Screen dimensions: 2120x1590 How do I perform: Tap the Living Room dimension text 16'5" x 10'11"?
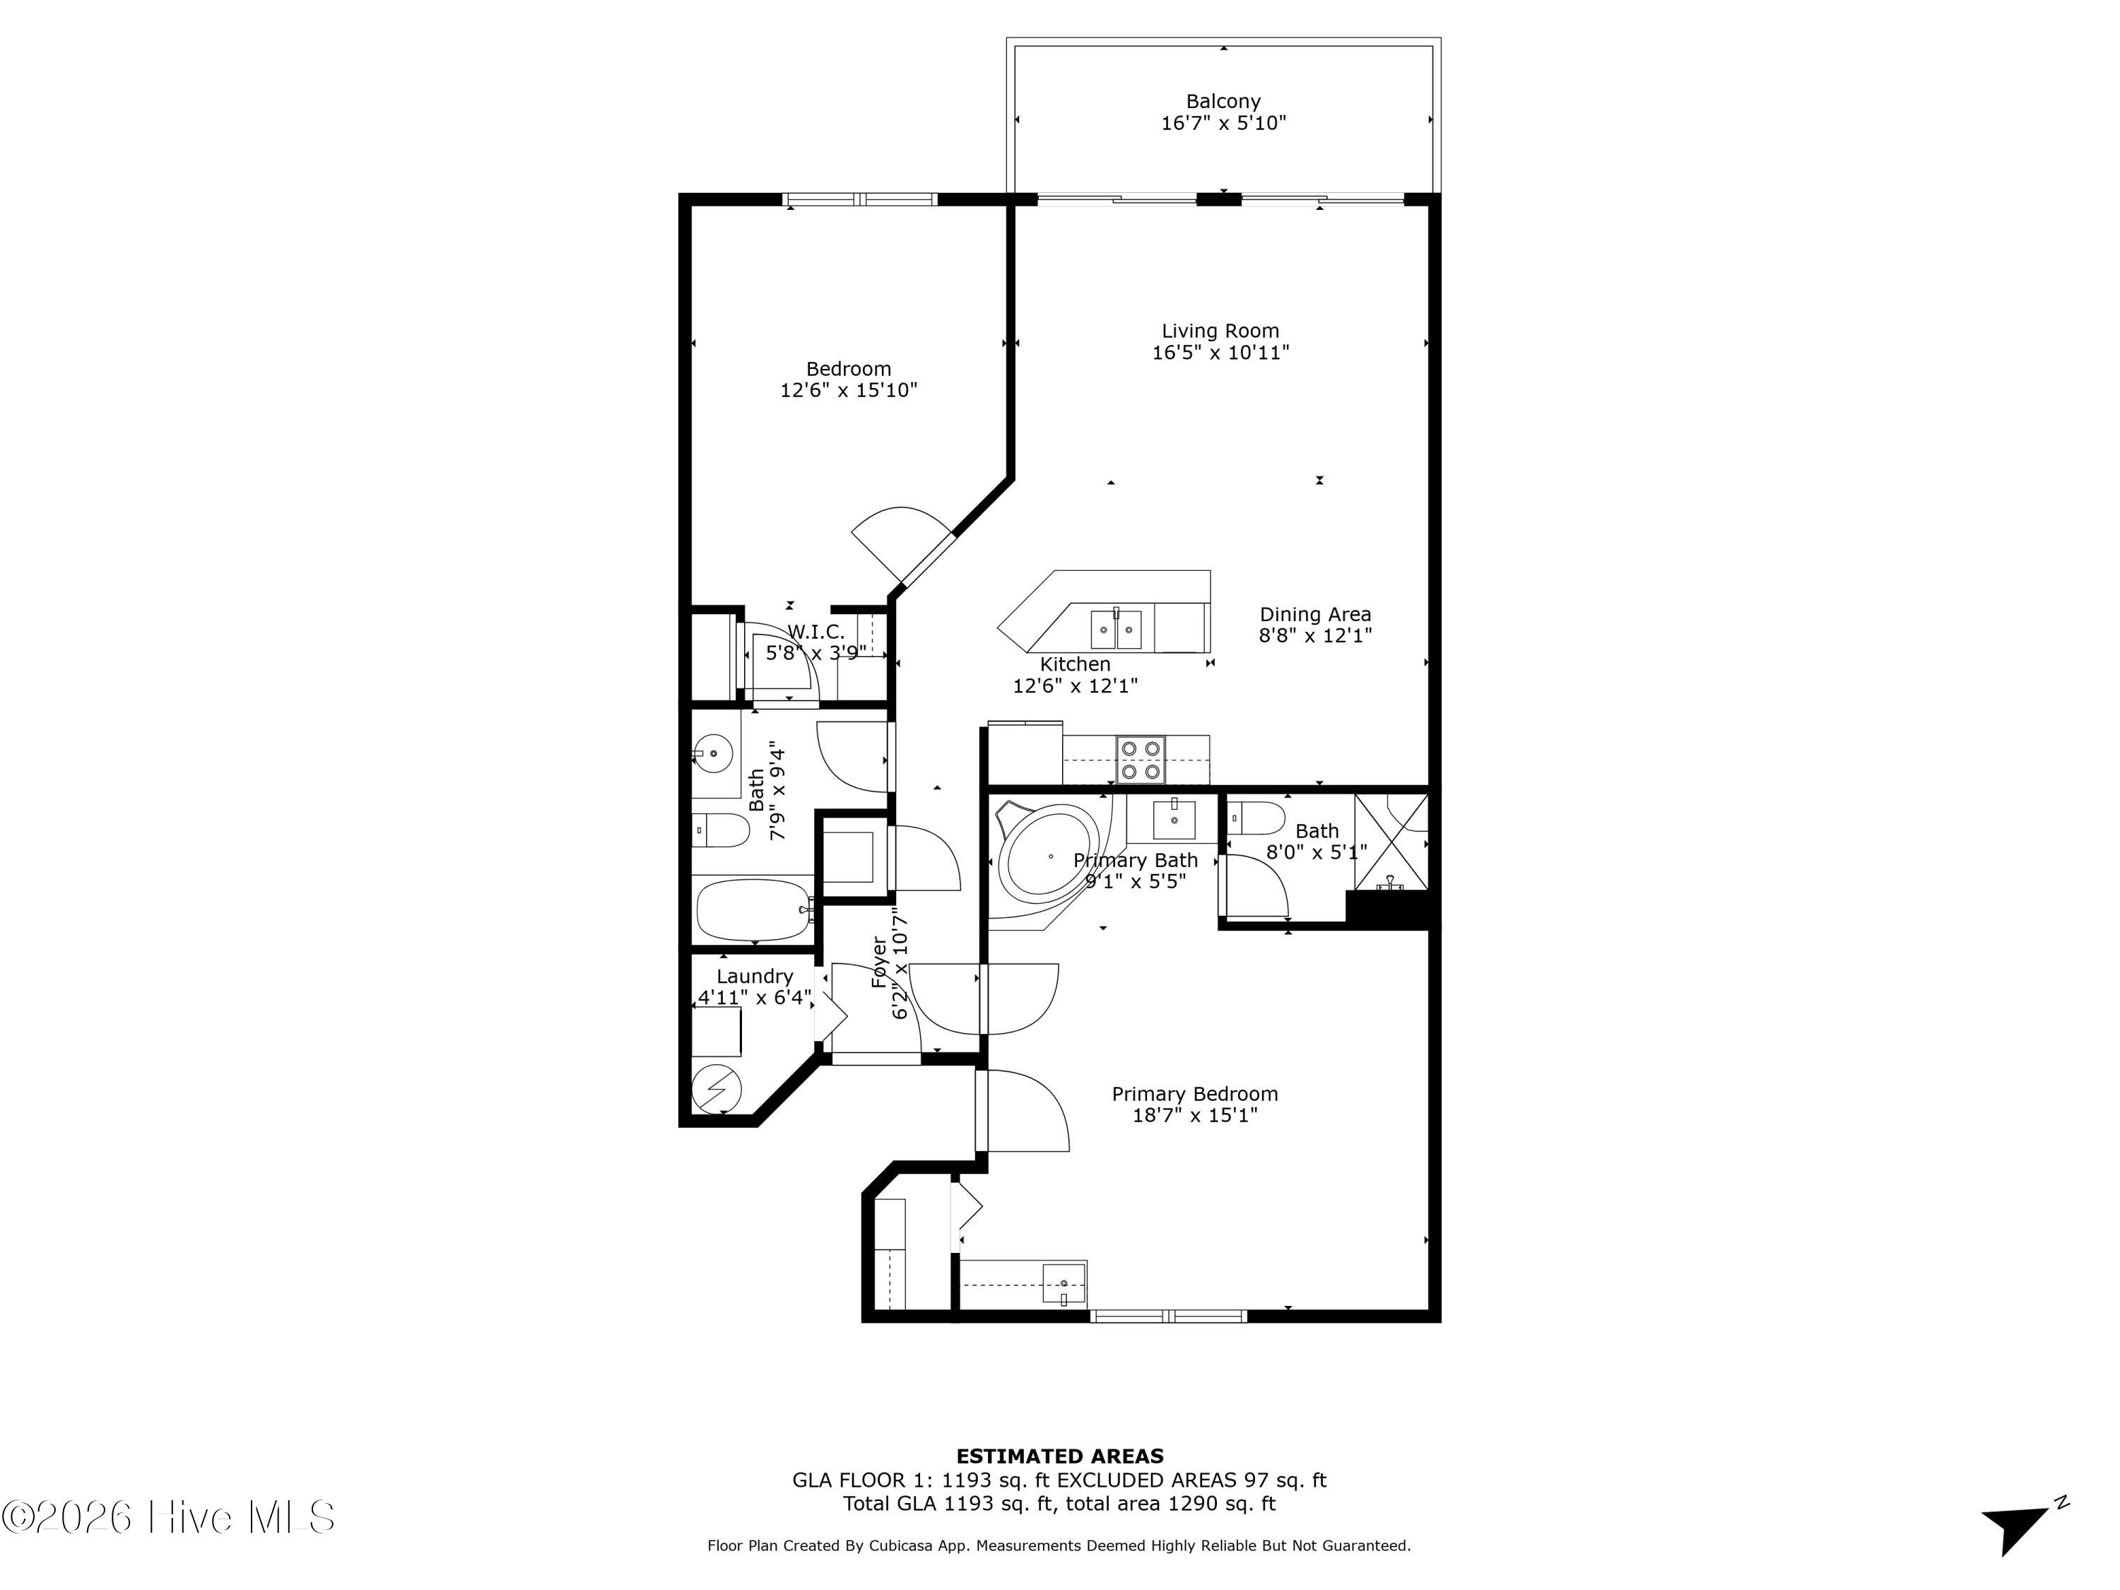tap(1220, 353)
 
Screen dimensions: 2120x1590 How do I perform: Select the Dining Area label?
tap(1315, 614)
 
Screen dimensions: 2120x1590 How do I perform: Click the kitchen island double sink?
tap(1116, 630)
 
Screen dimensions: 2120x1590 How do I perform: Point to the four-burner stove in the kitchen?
tap(1141, 759)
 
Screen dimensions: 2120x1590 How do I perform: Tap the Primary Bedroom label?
tap(1194, 1093)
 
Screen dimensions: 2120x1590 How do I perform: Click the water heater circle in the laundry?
tap(716, 1089)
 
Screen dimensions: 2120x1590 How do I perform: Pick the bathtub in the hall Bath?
tap(753, 910)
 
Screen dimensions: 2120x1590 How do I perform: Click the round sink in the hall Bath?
tap(712, 753)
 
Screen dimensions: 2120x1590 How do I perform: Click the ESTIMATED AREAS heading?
tap(1059, 1456)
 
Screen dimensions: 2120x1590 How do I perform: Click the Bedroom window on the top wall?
tap(860, 199)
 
